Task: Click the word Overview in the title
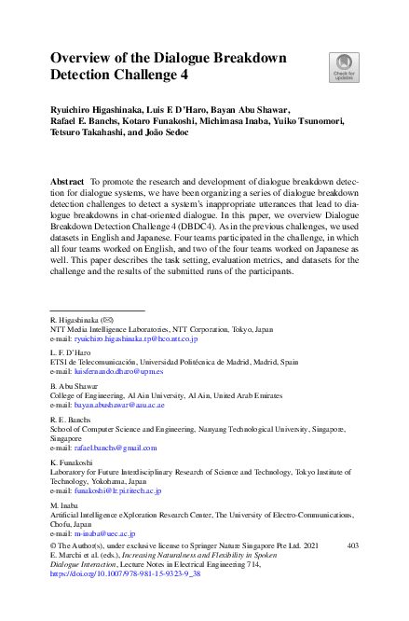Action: (85, 58)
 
